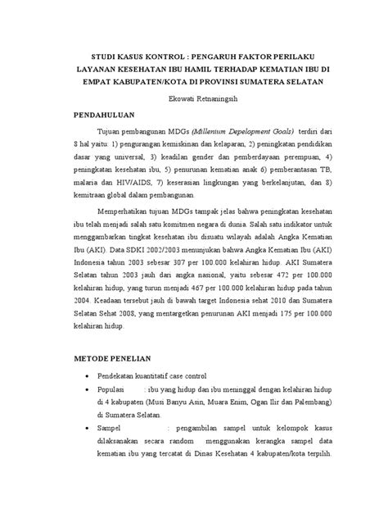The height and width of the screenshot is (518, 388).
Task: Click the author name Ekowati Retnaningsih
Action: [195, 98]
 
